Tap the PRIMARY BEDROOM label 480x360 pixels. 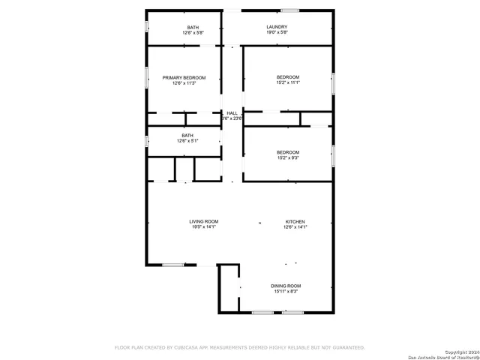pos(183,78)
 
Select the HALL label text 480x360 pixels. pos(232,112)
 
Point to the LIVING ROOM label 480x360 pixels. pos(203,221)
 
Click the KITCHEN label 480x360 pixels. pos(295,221)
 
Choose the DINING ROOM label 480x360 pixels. pos(286,286)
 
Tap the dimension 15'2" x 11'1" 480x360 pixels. pos(288,83)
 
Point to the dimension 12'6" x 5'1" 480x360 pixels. pos(187,141)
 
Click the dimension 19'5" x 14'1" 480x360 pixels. pos(203,226)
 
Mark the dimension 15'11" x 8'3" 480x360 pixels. pos(286,291)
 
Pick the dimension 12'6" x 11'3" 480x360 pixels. pos(183,83)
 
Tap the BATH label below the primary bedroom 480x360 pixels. pos(187,136)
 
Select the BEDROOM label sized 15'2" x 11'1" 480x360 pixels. pos(288,78)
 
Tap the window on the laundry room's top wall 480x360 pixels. pos(289,10)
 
